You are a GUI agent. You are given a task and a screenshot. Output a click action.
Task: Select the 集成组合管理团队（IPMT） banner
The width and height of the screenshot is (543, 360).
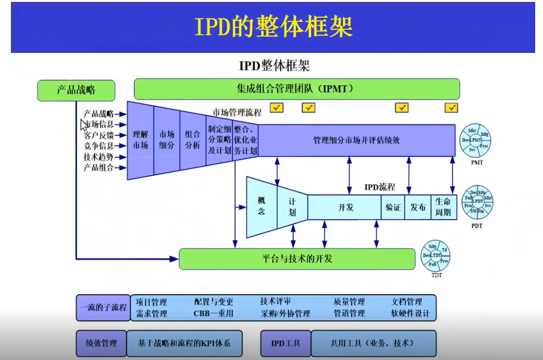(x=296, y=89)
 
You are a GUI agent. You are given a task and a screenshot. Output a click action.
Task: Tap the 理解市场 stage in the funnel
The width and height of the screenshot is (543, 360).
(x=140, y=140)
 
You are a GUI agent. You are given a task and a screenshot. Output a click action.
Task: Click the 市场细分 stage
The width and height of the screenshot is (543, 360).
(x=166, y=140)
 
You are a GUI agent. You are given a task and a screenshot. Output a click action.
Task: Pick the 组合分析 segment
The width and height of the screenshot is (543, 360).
(x=192, y=140)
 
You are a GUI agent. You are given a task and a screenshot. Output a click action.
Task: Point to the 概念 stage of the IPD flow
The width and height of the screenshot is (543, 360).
(x=262, y=207)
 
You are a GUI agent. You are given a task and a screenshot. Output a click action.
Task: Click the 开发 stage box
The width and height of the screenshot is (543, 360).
(x=345, y=207)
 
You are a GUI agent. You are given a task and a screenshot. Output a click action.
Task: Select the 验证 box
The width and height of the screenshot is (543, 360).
(x=393, y=207)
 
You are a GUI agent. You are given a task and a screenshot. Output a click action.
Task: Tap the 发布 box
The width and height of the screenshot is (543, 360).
(x=418, y=207)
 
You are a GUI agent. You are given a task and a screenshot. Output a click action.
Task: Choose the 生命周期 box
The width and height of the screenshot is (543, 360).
(x=444, y=207)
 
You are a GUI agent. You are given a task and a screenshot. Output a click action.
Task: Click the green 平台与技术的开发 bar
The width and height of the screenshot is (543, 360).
(x=297, y=258)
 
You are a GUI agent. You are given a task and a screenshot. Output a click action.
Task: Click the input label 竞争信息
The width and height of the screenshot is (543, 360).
(x=98, y=146)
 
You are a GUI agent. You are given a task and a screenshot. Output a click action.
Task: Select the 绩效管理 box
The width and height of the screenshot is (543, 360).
(x=101, y=343)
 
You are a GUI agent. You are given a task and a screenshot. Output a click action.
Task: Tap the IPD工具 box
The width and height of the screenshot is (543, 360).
(x=286, y=343)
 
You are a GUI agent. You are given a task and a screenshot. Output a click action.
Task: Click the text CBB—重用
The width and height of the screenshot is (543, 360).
(x=213, y=313)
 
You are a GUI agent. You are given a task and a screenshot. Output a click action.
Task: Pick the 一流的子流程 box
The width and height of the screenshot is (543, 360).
(x=103, y=307)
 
